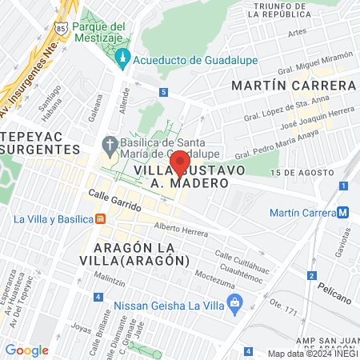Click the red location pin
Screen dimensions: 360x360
pyautogui.click(x=180, y=162)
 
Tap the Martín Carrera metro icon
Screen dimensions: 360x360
pyautogui.click(x=342, y=213)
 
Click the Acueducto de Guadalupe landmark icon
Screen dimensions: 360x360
pyautogui.click(x=122, y=58)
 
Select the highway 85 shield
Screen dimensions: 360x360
pyautogui.click(x=62, y=28)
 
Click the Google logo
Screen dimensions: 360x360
pyautogui.click(x=26, y=350)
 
